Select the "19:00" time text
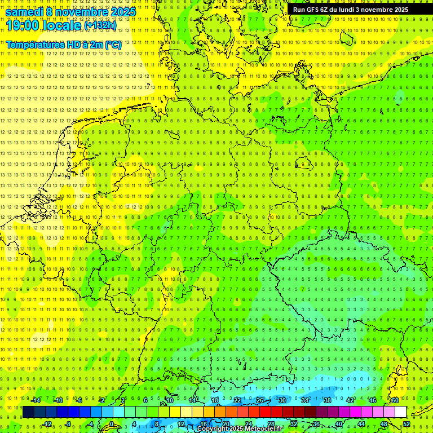pyautogui.click(x=24, y=25)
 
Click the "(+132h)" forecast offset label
pyautogui.click(x=101, y=25)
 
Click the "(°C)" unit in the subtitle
pyautogui.click(x=113, y=45)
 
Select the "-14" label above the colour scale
pyautogui.click(x=36, y=400)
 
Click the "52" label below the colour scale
pyautogui.click(x=407, y=424)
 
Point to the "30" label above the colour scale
pyautogui.click(x=282, y=400)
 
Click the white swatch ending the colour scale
pyautogui.click(x=400, y=412)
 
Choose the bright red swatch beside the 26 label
pyautogui.click(x=265, y=412)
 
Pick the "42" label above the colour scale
pyautogui.click(x=350, y=400)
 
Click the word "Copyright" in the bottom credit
pyautogui.click(x=213, y=429)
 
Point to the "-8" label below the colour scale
pyautogui.click(x=69, y=424)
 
